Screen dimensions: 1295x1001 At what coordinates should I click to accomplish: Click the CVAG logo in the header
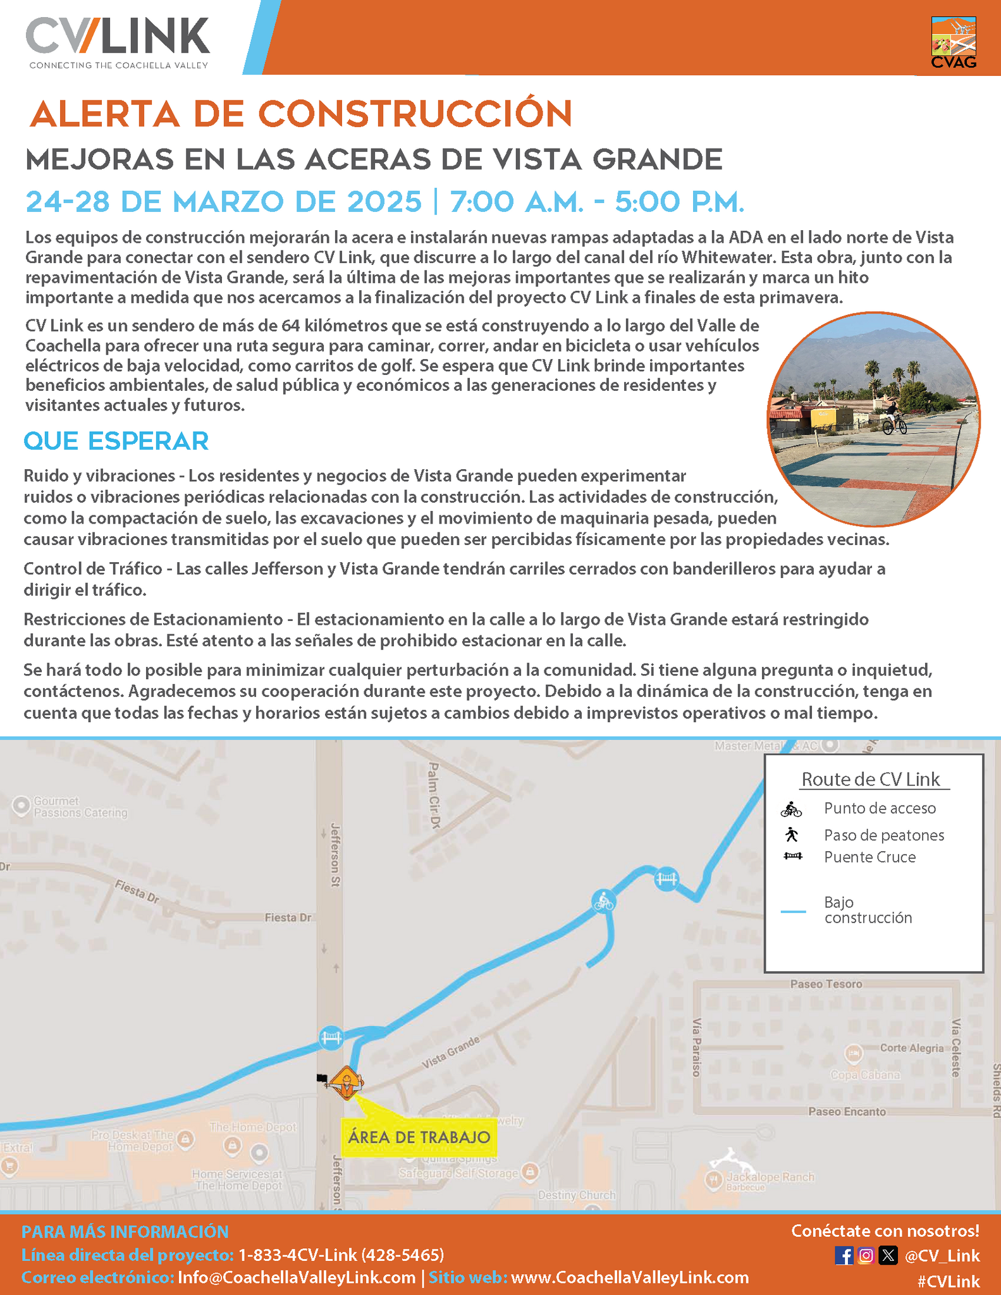click(954, 42)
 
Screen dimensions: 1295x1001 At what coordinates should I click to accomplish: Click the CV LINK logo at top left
click(118, 42)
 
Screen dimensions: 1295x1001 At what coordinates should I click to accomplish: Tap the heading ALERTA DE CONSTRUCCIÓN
click(301, 114)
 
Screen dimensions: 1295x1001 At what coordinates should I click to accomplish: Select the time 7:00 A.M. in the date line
click(516, 202)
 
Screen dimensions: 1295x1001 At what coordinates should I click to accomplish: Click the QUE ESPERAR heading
click(116, 441)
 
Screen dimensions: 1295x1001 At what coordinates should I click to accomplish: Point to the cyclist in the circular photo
click(894, 419)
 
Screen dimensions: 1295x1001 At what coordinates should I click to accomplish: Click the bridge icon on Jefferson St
click(331, 1038)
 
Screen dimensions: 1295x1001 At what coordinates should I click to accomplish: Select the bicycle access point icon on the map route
click(603, 900)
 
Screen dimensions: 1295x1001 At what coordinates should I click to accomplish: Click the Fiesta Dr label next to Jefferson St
click(288, 918)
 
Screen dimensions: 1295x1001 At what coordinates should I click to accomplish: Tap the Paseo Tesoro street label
click(826, 984)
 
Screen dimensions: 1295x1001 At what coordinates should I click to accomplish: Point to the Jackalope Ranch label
click(770, 1177)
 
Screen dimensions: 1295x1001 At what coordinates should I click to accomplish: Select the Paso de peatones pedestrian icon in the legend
click(791, 835)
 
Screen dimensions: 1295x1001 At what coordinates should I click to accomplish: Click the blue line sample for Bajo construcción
click(793, 911)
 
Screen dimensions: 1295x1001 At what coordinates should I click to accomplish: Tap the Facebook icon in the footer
click(844, 1255)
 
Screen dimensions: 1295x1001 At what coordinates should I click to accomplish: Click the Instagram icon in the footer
click(866, 1255)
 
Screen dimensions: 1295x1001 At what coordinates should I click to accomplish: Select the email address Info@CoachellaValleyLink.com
click(297, 1277)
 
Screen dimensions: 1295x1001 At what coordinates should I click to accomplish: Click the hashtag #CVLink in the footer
click(948, 1282)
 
